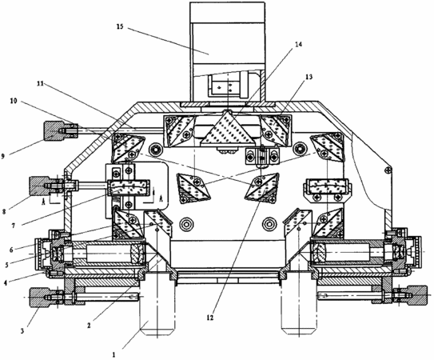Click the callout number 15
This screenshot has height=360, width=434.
120,26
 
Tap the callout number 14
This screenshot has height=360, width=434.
298,44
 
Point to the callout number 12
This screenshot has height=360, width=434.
210,318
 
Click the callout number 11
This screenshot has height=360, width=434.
40,84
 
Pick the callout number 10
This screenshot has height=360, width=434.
13,101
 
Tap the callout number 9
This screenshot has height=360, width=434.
2,156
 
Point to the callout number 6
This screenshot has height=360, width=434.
11,250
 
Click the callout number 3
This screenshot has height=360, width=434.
22,330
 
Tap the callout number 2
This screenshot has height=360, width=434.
89,326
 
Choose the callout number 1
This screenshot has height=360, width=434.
113,354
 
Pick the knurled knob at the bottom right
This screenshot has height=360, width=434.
415,295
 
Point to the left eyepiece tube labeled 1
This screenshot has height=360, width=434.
157,308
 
